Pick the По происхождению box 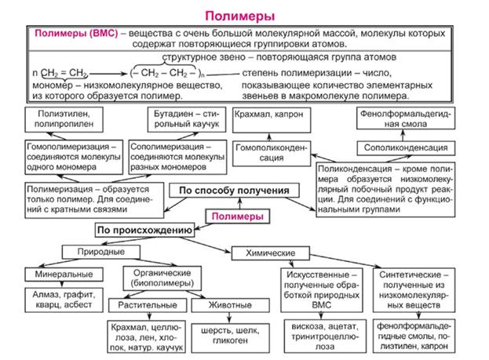pyautogui.click(x=144, y=231)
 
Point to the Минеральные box pyautogui.click(x=64, y=274)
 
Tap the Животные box pyautogui.click(x=221, y=304)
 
